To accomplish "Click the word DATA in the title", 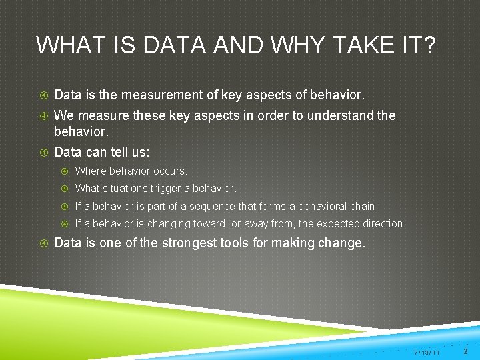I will [164, 45].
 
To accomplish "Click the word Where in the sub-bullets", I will [89, 171].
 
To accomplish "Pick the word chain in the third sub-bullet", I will [364, 206].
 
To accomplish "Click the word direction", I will [381, 223].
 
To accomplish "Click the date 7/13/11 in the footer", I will [426, 352].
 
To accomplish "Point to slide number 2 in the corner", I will [465, 351].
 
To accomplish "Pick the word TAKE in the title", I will [369, 45].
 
